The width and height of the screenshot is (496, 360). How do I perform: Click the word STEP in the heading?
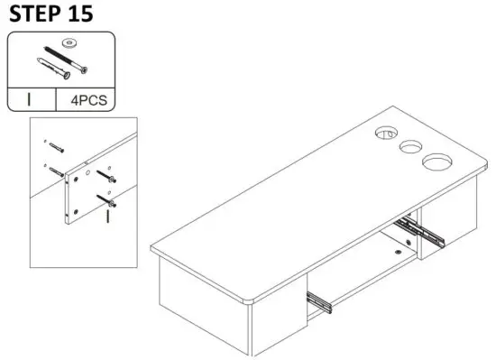coord(34,14)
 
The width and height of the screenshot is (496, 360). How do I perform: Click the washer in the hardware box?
coord(66,43)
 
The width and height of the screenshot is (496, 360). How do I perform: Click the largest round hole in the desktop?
coord(436,162)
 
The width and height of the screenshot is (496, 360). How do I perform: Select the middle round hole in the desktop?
coord(410,146)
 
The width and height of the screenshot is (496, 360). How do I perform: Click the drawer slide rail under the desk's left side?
coord(321,301)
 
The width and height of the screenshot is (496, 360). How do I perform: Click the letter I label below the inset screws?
coord(107,217)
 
